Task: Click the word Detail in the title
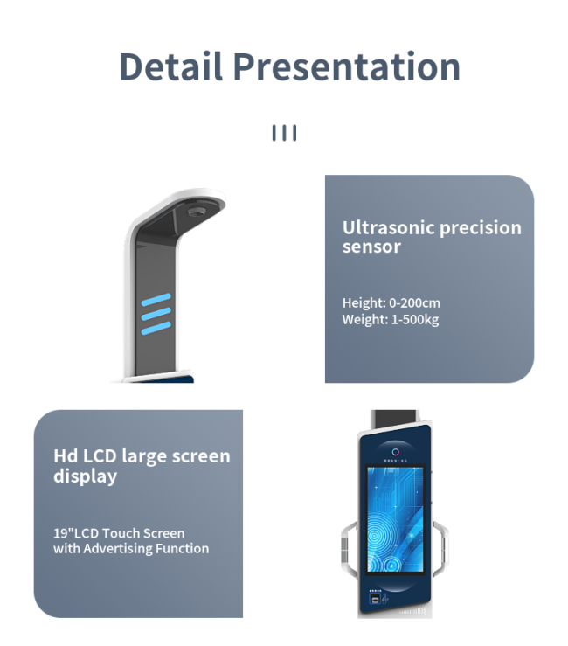point(171,66)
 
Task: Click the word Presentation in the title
point(346,66)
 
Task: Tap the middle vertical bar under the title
point(284,133)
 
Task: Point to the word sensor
point(371,247)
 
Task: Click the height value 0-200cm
point(415,302)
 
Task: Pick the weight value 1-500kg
point(415,320)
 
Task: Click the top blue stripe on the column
point(156,300)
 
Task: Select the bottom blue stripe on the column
point(156,329)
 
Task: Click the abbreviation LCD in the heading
point(100,456)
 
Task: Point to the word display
point(86,476)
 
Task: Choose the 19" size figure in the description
point(64,533)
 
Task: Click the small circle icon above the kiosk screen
point(396,452)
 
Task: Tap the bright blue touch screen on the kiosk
point(395,519)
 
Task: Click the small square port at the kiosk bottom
point(375,599)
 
